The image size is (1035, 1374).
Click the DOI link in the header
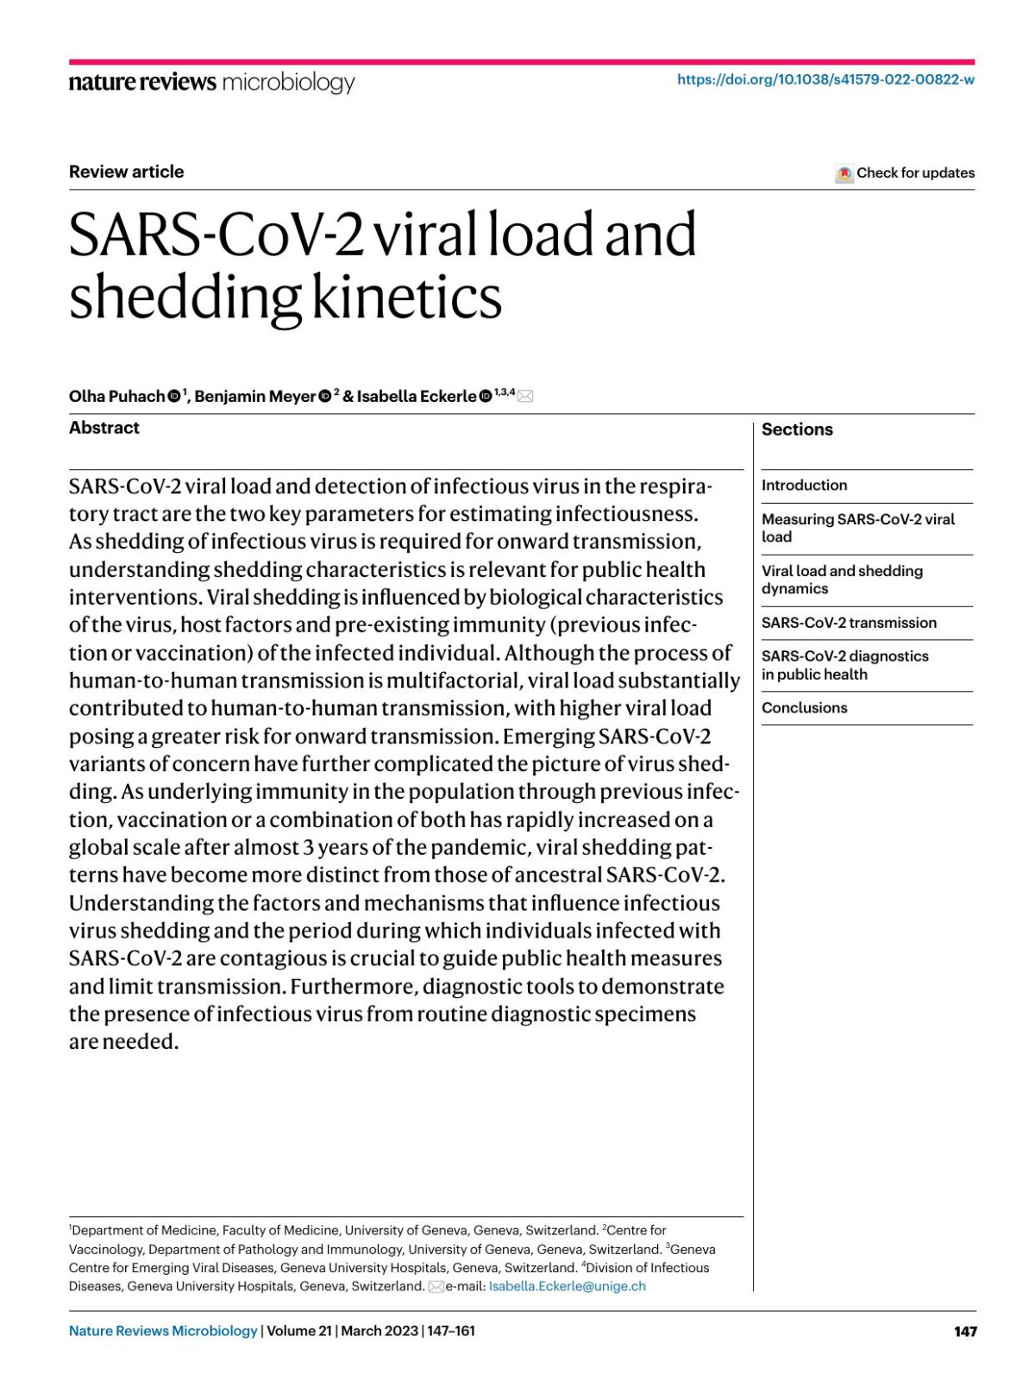pyautogui.click(x=825, y=79)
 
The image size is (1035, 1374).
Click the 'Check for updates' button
pyautogui.click(x=906, y=173)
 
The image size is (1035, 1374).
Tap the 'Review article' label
pyautogui.click(x=126, y=172)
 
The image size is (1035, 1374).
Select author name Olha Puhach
pyautogui.click(x=116, y=396)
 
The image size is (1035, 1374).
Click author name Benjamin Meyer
pyautogui.click(x=254, y=396)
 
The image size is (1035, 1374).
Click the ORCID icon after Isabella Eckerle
pyautogui.click(x=486, y=396)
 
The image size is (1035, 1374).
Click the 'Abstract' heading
pyautogui.click(x=103, y=428)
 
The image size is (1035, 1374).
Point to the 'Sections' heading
pyautogui.click(x=797, y=430)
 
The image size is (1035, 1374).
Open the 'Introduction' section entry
pyautogui.click(x=804, y=486)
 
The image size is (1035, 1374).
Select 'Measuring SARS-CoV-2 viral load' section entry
pyautogui.click(x=857, y=528)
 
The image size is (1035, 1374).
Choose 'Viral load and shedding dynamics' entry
pyautogui.click(x=841, y=580)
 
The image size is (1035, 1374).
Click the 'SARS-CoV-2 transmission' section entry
pyautogui.click(x=849, y=623)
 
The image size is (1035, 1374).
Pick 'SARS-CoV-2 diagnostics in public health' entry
pyautogui.click(x=844, y=665)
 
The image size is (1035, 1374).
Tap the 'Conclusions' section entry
pyautogui.click(x=804, y=708)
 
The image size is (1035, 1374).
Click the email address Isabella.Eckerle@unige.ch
pyautogui.click(x=567, y=1286)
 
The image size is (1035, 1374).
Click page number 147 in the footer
pyautogui.click(x=965, y=1331)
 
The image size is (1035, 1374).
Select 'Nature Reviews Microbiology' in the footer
pyautogui.click(x=163, y=1331)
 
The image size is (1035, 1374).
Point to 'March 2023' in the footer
pyautogui.click(x=379, y=1331)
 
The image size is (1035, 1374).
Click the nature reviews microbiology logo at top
pyautogui.click(x=211, y=83)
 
